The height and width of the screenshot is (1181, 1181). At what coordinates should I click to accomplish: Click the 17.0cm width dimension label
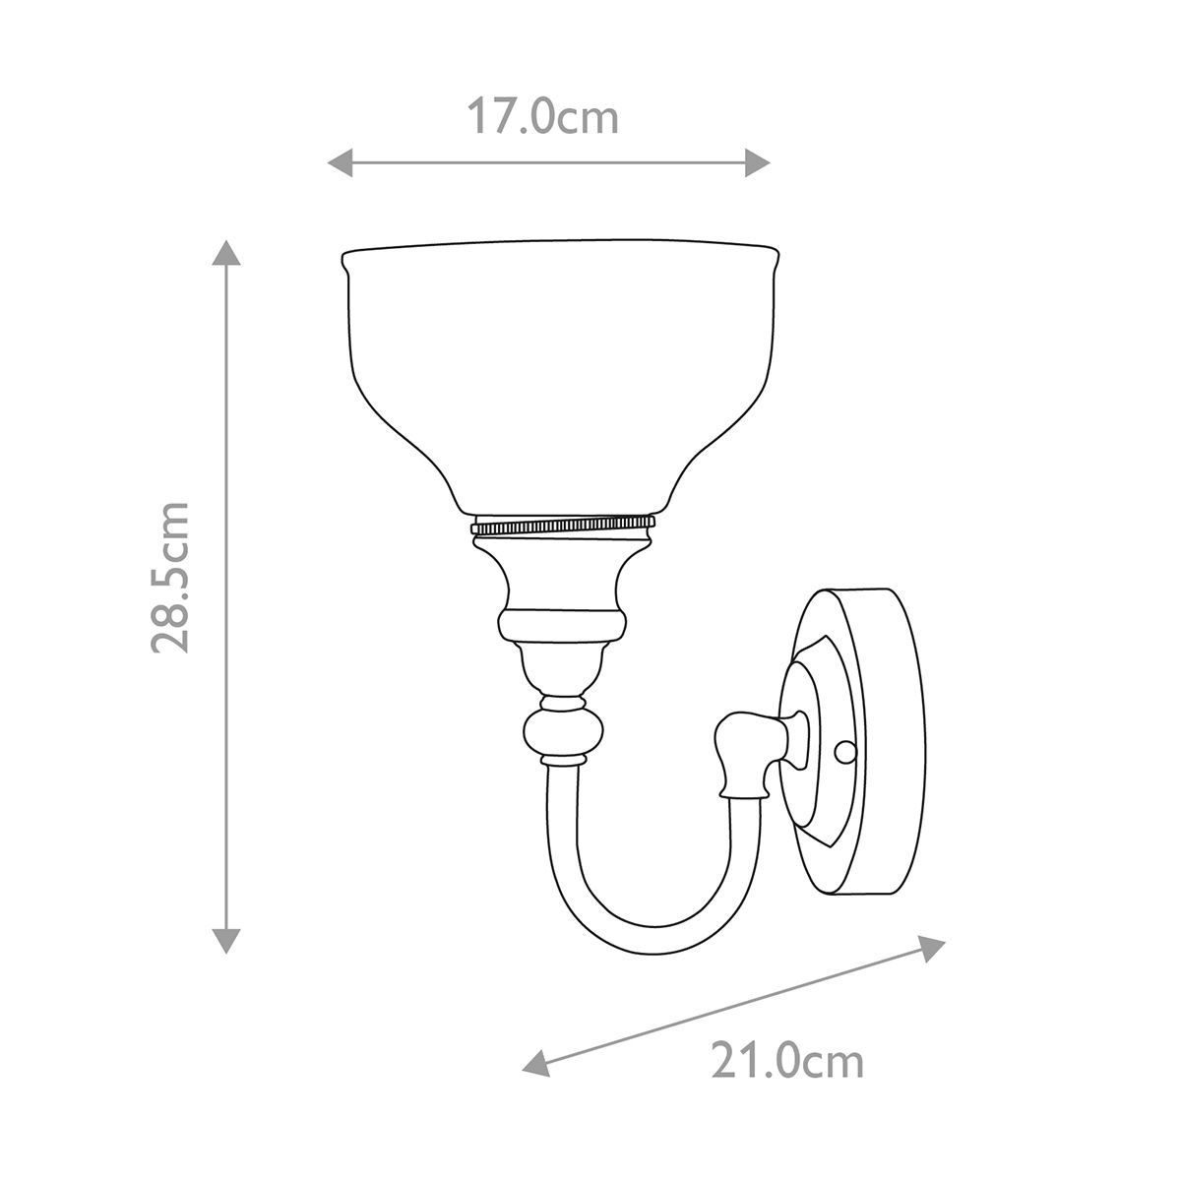point(542,117)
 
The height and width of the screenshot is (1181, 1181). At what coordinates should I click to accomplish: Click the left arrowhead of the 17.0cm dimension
point(339,162)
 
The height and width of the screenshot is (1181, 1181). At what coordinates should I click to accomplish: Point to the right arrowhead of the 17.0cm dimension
point(757,162)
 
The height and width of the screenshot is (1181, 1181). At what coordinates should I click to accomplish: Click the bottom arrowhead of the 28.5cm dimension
point(227,940)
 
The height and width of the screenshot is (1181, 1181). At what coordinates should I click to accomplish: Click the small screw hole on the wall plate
point(843,753)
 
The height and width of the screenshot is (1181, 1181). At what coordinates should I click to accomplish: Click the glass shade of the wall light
point(559,374)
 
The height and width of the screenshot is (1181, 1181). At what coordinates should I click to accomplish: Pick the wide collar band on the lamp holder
point(562,623)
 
